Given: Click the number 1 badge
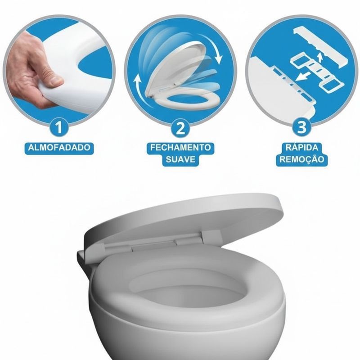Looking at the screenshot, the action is (59, 128).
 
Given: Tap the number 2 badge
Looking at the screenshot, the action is (180, 128).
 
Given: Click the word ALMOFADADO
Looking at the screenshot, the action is (59, 148).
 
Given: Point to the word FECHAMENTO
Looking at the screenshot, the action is (180, 148).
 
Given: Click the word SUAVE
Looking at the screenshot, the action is (180, 159).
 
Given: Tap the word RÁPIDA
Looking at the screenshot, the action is (302, 148).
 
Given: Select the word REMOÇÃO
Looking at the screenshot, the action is (302, 159).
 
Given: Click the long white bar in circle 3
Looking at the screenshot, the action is (320, 46).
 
